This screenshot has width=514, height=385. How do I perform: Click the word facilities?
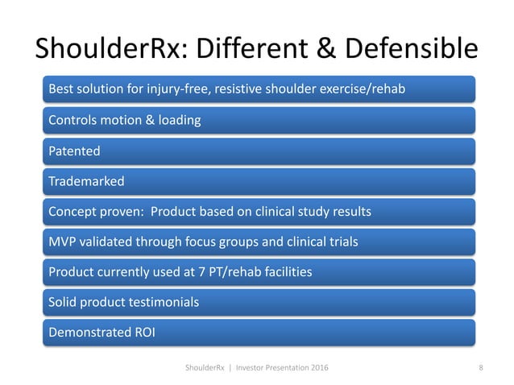285,273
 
